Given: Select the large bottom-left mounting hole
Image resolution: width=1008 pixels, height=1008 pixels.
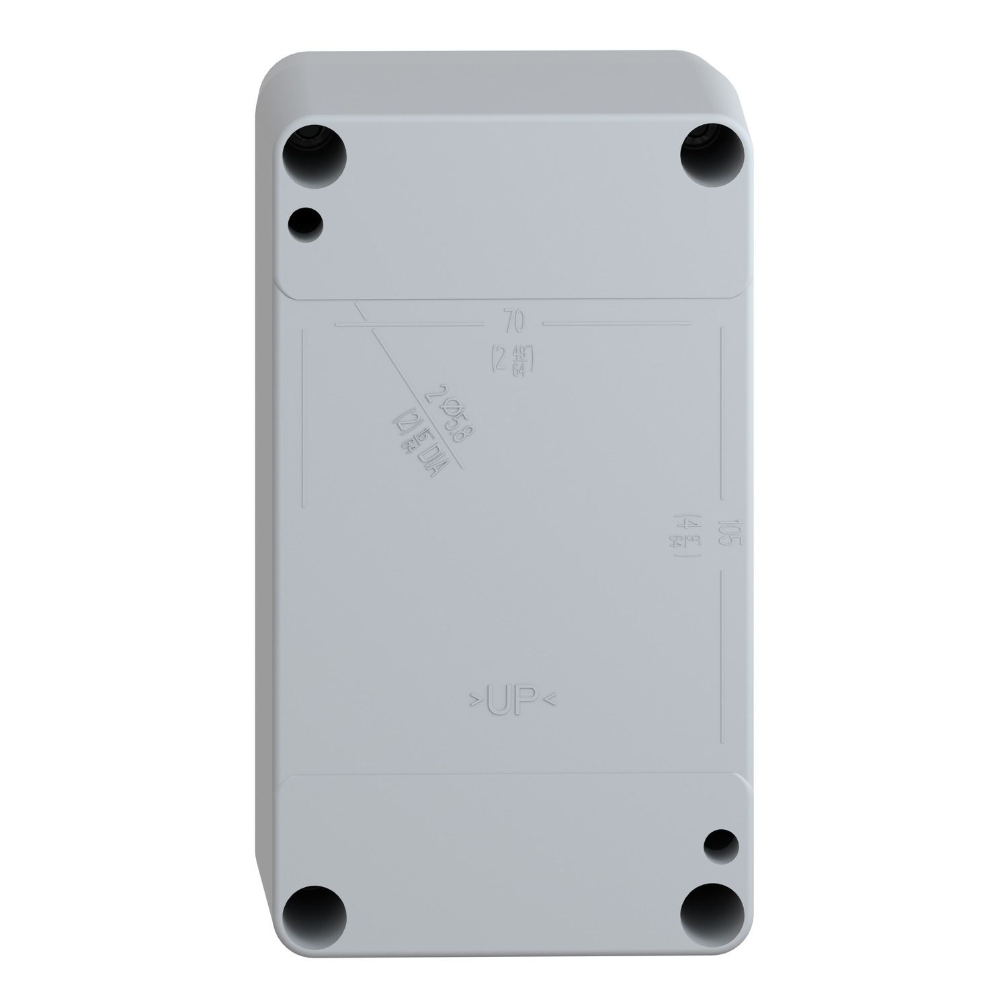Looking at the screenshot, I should (314, 921).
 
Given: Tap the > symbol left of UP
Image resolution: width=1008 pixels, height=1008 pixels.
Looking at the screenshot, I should (474, 704).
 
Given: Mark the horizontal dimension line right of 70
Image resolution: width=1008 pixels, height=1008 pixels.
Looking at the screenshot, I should (617, 324).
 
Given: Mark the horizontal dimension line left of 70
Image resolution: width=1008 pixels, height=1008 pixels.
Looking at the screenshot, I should (410, 324).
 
